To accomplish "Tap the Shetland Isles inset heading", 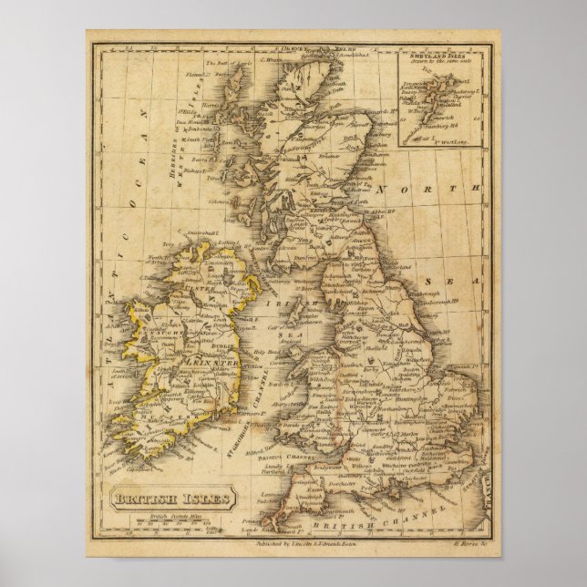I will pos(441,57).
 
